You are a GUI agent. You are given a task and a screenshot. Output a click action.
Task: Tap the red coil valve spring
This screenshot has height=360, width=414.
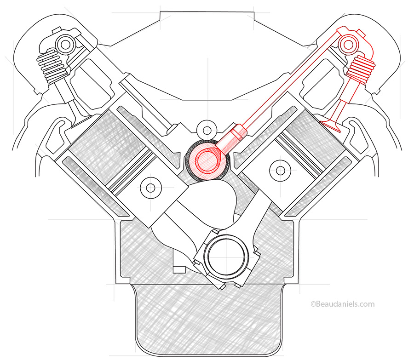[358, 69]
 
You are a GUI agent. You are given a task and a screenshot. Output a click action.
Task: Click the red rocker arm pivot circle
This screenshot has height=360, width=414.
[346, 45]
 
